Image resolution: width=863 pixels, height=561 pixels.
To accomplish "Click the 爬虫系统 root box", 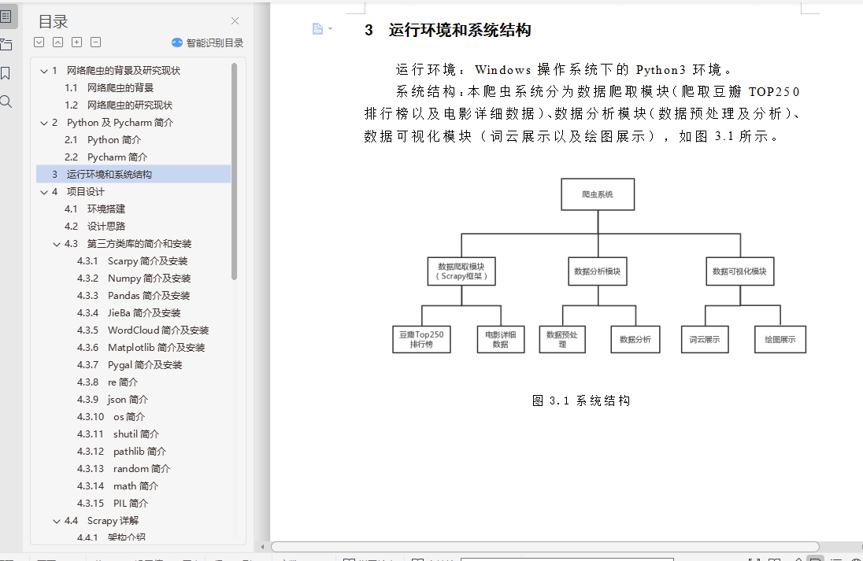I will click(x=597, y=194).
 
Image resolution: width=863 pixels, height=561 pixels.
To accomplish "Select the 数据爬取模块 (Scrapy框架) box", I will click(x=461, y=271).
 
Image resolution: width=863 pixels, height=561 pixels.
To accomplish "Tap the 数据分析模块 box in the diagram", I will click(x=597, y=271).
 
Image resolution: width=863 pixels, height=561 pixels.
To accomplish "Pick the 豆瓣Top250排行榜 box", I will click(x=421, y=339).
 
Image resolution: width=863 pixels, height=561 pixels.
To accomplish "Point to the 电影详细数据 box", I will click(x=500, y=339).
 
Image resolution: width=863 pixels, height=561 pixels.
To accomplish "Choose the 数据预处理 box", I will click(x=561, y=339).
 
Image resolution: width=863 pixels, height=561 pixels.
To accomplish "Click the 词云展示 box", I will click(x=704, y=339).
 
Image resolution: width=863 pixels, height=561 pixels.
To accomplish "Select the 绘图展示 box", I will click(x=780, y=339).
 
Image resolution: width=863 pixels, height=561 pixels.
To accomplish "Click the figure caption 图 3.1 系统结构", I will click(x=581, y=400).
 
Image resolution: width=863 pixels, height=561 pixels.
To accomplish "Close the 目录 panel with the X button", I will click(x=235, y=21).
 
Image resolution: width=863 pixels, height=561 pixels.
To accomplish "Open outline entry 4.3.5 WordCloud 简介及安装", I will click(x=158, y=330).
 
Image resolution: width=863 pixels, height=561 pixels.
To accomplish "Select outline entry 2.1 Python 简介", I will click(x=114, y=140).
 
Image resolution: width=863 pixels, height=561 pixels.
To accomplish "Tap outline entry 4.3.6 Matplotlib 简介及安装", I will click(x=156, y=348).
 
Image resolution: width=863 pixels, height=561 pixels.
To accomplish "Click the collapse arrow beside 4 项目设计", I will click(x=44, y=192).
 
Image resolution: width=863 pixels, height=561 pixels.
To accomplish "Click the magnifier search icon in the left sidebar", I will click(x=6, y=101).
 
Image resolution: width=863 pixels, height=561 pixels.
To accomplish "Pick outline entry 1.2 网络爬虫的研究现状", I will click(x=129, y=105).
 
